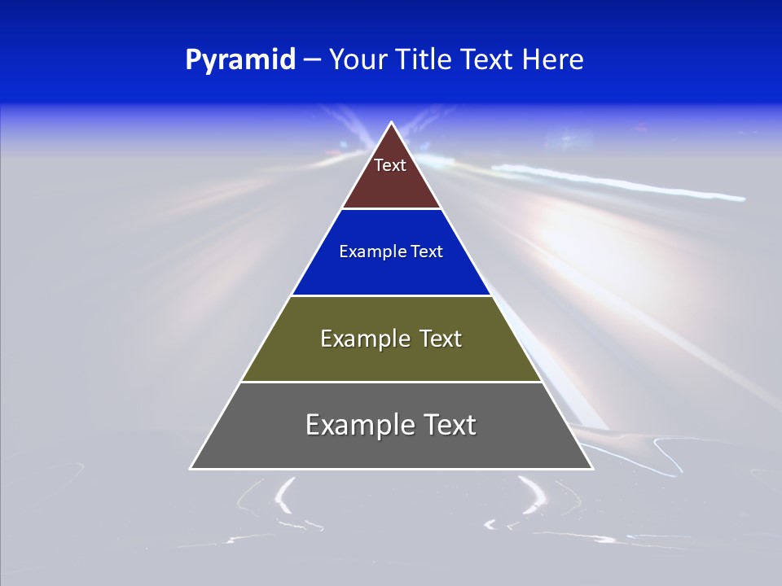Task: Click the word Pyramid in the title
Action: [239, 60]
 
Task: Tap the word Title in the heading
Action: [428, 60]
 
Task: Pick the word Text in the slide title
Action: [489, 60]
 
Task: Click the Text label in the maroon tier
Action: [390, 165]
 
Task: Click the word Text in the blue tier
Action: [427, 252]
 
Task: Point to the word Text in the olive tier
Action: [441, 339]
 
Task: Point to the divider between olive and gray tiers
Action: [391, 382]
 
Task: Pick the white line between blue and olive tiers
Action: [391, 295]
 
